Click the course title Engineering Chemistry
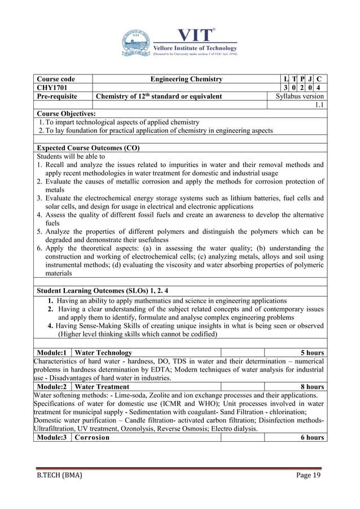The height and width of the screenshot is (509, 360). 187,79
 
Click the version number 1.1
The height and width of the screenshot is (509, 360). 319,105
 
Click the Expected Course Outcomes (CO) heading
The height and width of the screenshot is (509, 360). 88,148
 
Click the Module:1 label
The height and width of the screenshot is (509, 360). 53,353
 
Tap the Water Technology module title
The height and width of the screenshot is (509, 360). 104,353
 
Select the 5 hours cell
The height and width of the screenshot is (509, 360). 311,353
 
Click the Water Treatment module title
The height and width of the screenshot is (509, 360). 102,387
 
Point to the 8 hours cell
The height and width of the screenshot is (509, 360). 311,387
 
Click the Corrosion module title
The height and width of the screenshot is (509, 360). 93,437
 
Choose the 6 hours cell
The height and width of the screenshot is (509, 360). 311,437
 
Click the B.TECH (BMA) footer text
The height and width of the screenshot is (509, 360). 58,476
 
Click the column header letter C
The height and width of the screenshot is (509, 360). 319,79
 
